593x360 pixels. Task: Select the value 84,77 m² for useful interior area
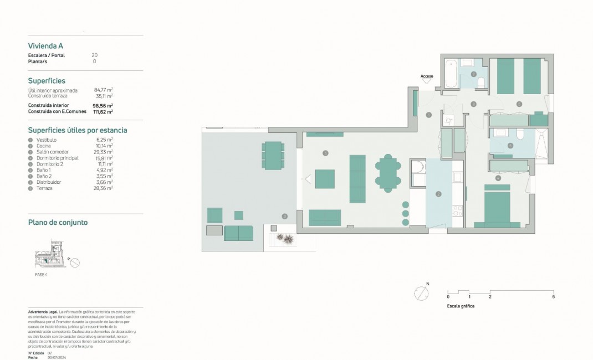[x=104, y=90]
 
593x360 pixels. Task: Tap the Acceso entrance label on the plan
[x=427, y=76]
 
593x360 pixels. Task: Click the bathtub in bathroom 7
[x=451, y=73]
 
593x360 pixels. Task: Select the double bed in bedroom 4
[x=503, y=207]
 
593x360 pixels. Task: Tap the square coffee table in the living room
[x=325, y=179]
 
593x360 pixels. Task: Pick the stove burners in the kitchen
[x=458, y=211]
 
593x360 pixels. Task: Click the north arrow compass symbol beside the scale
[x=422, y=293]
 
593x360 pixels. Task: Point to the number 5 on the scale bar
[x=553, y=297]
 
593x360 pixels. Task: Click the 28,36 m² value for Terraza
[x=104, y=188]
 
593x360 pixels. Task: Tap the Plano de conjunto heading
[x=58, y=223]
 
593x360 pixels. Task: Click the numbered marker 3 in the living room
[x=325, y=153]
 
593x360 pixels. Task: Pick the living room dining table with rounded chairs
[x=388, y=174]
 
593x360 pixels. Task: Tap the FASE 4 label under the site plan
[x=42, y=274]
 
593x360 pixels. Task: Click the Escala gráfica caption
[x=461, y=306]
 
